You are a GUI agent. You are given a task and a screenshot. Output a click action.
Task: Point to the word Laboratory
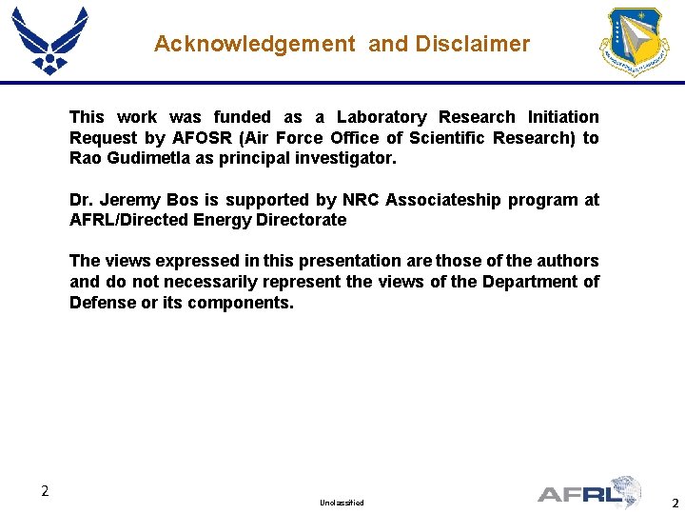coord(381,117)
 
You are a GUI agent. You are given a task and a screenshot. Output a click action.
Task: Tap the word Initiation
coord(558,117)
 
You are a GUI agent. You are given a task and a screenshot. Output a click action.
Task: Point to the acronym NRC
coord(362,200)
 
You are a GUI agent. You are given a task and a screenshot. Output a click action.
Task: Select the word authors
coord(567,261)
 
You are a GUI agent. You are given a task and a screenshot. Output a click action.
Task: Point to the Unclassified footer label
coord(342,503)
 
